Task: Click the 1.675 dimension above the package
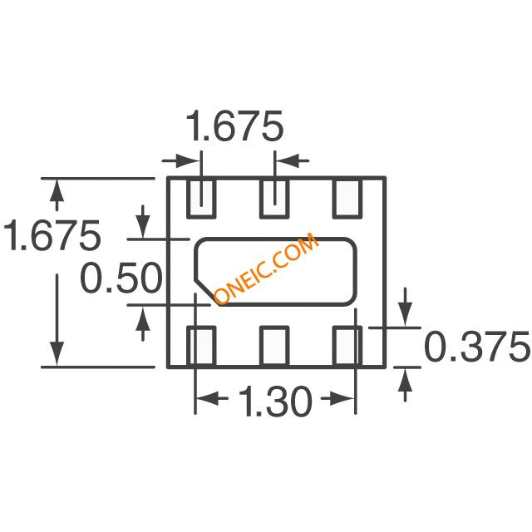click(x=234, y=126)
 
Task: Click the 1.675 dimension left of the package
click(x=52, y=235)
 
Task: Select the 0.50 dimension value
click(x=121, y=277)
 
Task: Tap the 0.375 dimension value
click(x=476, y=347)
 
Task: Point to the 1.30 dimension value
click(x=275, y=401)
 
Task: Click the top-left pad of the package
click(x=201, y=198)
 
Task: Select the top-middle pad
click(x=274, y=198)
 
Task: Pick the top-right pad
click(x=347, y=198)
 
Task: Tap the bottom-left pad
click(x=201, y=347)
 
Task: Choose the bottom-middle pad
click(x=274, y=347)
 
